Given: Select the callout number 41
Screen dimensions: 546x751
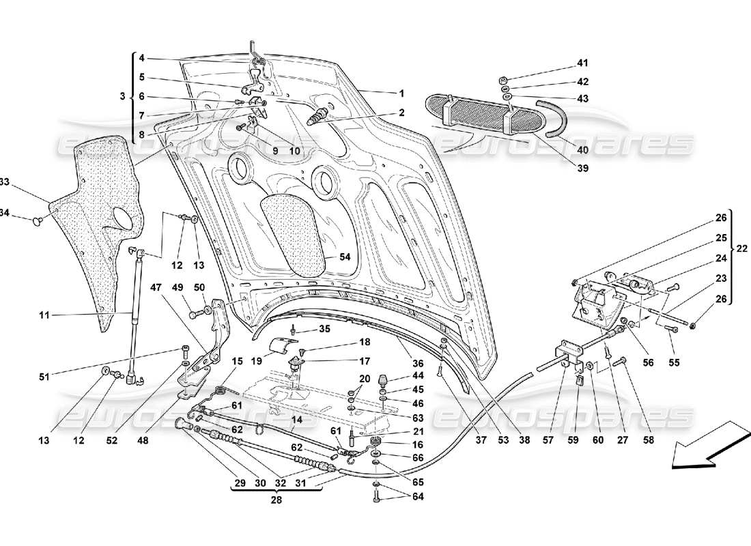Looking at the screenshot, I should click(x=582, y=63).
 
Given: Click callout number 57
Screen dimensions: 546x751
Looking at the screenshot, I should click(x=547, y=441).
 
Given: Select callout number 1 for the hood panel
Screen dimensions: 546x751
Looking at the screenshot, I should click(x=401, y=93).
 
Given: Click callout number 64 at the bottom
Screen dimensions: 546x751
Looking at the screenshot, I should click(x=418, y=496).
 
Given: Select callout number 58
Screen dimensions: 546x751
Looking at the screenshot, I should click(x=647, y=441).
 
